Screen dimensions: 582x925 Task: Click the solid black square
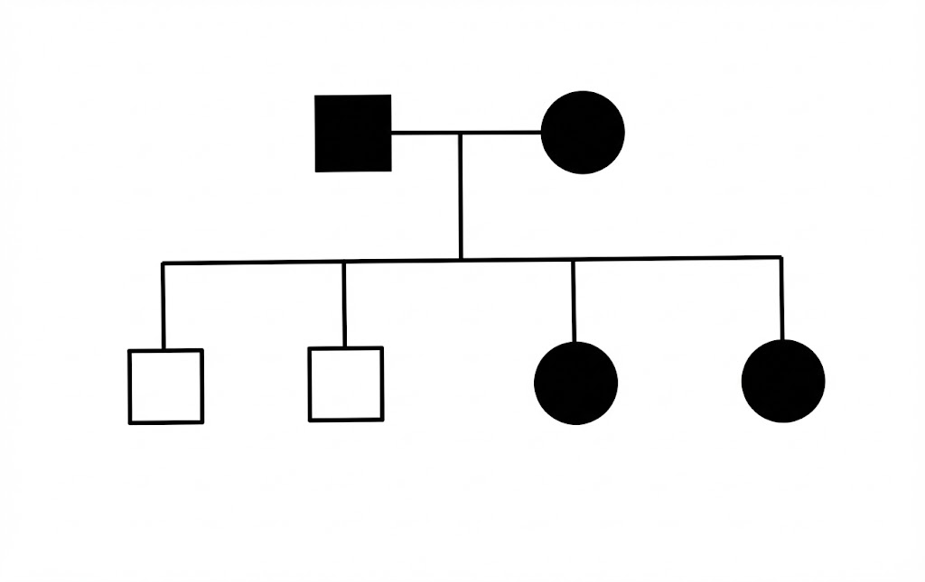[353, 133]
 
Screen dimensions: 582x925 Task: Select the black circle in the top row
[583, 132]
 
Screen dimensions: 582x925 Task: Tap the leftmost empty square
[165, 386]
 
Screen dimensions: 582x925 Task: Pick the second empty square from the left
[345, 384]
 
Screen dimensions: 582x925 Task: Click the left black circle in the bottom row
[576, 382]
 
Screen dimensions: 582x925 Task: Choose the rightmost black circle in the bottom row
[783, 381]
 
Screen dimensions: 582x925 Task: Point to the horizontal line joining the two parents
[425, 133]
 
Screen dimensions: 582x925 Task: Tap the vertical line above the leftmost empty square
[164, 307]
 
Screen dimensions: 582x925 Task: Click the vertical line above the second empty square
[344, 305]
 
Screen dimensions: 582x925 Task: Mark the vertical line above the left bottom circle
[574, 301]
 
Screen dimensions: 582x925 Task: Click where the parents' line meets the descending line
[461, 133]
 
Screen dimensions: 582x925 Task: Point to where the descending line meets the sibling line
[461, 260]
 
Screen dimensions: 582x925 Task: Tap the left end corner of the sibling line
[164, 263]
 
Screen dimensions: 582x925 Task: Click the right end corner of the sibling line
[781, 258]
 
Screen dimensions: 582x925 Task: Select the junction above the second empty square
[344, 262]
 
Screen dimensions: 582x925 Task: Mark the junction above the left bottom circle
[574, 260]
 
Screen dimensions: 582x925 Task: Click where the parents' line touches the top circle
[542, 133]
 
